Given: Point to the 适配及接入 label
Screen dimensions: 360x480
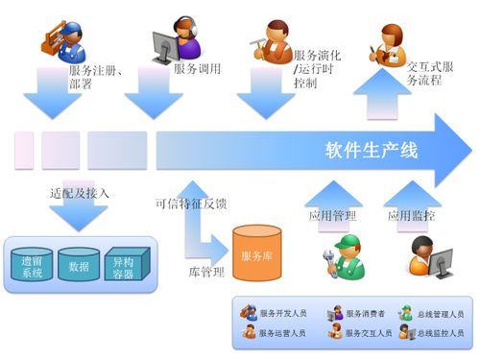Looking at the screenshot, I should coord(79,194).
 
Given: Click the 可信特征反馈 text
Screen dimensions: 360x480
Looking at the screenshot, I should coord(190,204).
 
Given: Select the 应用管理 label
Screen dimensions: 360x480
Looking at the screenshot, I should coord(331,217).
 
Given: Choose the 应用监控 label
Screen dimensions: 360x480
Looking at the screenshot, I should coord(412,217).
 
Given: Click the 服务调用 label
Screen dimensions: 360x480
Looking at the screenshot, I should coord(198,69).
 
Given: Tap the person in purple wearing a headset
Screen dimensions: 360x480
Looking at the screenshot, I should coord(182,38).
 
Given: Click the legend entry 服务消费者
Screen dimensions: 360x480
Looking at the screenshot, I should coord(359,314).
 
